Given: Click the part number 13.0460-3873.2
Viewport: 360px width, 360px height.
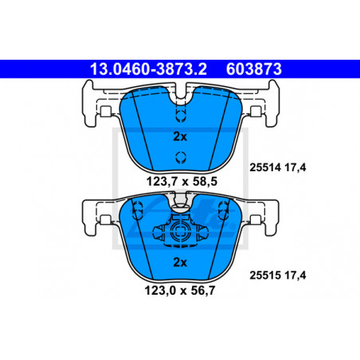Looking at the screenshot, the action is [148, 69].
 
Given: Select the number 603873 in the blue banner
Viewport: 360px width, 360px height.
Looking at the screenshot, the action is [254, 69].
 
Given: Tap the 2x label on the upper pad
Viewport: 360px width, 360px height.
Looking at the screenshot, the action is [180, 137].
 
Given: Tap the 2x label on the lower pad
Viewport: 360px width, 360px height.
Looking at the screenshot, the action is [180, 262].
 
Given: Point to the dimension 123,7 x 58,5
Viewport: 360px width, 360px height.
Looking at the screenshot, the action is [182, 182].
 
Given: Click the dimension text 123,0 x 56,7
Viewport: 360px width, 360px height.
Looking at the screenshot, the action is [180, 290].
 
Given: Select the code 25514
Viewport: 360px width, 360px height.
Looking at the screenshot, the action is [265, 167].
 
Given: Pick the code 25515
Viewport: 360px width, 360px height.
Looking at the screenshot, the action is [265, 275].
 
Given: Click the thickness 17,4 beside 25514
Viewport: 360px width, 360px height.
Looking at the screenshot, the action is [295, 168].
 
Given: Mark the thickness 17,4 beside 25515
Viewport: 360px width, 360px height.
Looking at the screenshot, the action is [295, 276].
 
